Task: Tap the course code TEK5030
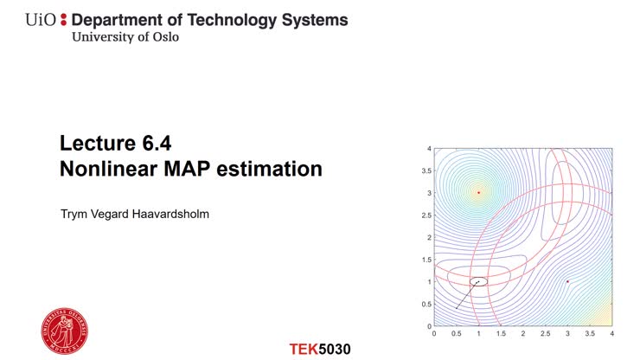[320, 350]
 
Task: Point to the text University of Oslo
[125, 37]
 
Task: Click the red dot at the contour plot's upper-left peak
[478, 192]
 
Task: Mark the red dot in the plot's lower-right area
[567, 281]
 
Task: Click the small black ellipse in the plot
[478, 281]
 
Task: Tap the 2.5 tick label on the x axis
[545, 333]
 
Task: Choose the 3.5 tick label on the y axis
[426, 170]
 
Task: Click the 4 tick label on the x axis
[611, 333]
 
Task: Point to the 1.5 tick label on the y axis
[426, 260]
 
